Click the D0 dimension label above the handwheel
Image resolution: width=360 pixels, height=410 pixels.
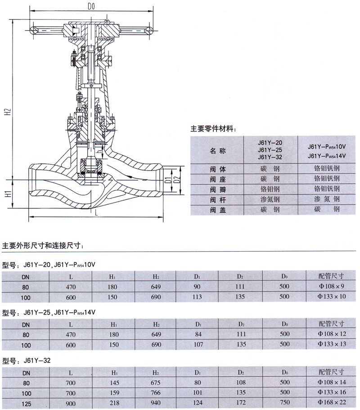click(91, 6)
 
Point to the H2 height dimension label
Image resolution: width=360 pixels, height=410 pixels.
click(9, 112)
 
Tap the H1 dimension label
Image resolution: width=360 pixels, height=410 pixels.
click(9, 194)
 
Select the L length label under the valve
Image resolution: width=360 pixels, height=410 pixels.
click(96, 213)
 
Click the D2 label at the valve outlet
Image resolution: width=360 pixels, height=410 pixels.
click(177, 180)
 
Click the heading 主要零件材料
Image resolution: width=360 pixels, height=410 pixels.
click(212, 129)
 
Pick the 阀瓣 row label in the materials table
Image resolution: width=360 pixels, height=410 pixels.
click(218, 189)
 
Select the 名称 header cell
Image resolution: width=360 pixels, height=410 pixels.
click(217, 151)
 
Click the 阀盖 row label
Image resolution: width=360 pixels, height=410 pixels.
click(218, 210)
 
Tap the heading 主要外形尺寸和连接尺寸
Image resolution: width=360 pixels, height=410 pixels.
click(43, 246)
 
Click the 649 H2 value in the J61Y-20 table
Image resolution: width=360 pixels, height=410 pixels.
click(156, 287)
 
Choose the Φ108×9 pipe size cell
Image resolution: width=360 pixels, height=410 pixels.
click(331, 286)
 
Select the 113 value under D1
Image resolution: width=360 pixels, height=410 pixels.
click(197, 297)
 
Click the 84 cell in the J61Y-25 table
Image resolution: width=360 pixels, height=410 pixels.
click(198, 334)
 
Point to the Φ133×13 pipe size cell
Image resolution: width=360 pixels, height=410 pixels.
click(332, 344)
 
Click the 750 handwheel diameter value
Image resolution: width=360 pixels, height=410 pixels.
click(285, 402)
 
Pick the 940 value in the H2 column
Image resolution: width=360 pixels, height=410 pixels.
click(156, 403)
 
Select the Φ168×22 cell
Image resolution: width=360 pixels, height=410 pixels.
click(332, 402)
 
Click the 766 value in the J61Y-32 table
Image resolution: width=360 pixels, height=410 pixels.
click(156, 393)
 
